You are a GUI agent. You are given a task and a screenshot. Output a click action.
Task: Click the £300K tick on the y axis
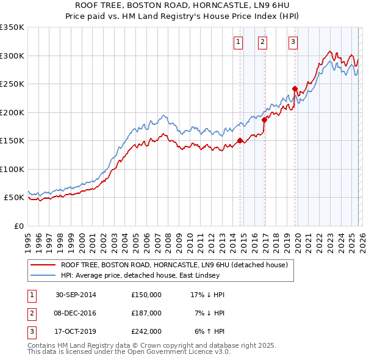(x=12, y=56)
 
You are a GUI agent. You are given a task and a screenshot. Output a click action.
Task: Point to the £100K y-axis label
(x=12, y=169)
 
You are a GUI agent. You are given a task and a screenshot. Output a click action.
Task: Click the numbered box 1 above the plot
(x=237, y=42)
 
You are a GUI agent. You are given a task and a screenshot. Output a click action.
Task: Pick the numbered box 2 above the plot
(x=262, y=42)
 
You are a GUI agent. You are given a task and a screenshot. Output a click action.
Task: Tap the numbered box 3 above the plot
(x=293, y=42)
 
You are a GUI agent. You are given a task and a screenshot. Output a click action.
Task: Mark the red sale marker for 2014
(x=240, y=140)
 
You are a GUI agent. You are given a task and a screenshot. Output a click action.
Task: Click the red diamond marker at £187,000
(x=264, y=120)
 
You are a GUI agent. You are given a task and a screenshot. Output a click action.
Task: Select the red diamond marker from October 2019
(x=295, y=88)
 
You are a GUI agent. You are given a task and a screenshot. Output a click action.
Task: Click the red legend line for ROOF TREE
(x=43, y=265)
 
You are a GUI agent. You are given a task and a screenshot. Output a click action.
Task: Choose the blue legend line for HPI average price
(x=43, y=275)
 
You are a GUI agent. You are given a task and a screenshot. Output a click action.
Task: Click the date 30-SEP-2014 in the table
(x=76, y=295)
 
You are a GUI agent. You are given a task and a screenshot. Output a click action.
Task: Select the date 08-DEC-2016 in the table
(x=76, y=313)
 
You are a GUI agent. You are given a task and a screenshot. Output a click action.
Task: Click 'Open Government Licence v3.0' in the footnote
(x=179, y=352)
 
